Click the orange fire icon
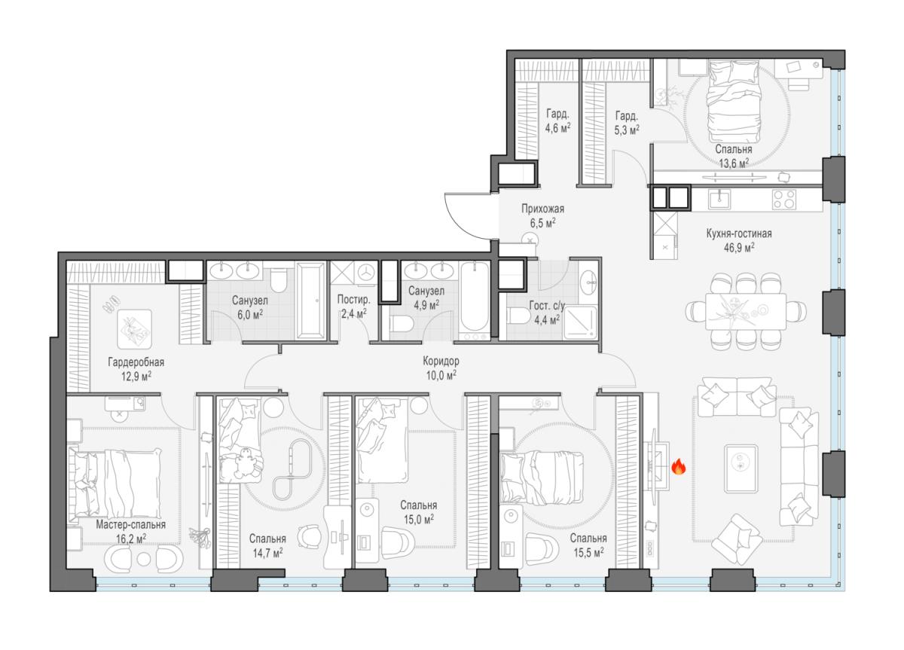(679, 467)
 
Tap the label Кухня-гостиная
(739, 233)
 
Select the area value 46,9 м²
(739, 248)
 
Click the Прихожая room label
(543, 209)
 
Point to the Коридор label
(441, 361)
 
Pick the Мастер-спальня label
(131, 524)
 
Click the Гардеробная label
(136, 362)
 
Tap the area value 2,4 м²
(354, 313)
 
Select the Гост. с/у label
(547, 306)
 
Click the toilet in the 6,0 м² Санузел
(278, 279)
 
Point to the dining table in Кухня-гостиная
(746, 312)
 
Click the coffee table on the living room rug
(741, 468)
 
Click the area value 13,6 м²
(734, 163)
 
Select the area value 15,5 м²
(588, 552)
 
